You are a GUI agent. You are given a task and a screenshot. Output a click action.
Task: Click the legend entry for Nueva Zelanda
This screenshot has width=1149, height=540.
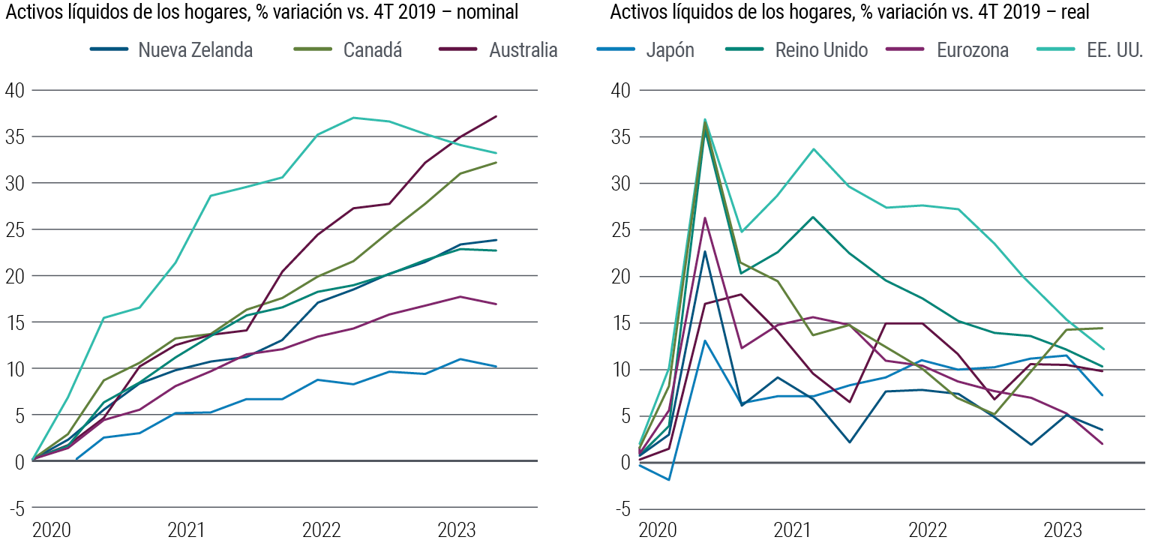click(x=195, y=50)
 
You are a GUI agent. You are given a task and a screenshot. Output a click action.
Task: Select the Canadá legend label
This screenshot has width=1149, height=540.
click(x=372, y=50)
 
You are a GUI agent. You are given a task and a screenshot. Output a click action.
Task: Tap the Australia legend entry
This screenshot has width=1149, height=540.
click(x=523, y=50)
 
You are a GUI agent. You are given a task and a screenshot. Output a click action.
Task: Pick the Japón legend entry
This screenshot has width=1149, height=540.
click(x=670, y=50)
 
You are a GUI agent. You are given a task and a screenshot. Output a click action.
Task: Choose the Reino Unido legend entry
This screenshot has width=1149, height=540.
click(x=821, y=50)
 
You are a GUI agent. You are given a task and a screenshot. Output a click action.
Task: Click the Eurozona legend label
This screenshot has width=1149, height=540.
click(x=972, y=50)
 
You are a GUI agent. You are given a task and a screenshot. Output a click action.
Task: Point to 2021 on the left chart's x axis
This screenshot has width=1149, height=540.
click(x=187, y=529)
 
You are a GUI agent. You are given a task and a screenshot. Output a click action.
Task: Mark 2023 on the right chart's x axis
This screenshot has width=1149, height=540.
click(x=1062, y=529)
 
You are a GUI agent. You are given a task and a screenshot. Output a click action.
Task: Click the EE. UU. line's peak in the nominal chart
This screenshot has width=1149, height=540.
click(x=353, y=118)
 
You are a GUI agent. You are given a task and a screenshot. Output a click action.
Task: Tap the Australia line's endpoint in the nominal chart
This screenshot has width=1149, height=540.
click(x=496, y=116)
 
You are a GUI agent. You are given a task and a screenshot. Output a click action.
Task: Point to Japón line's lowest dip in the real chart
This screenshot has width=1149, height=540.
click(x=668, y=479)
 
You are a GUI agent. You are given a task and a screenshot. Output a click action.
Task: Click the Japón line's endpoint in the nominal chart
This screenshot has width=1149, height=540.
click(x=496, y=367)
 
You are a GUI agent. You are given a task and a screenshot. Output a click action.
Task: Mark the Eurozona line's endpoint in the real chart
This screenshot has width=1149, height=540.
click(x=1102, y=444)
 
